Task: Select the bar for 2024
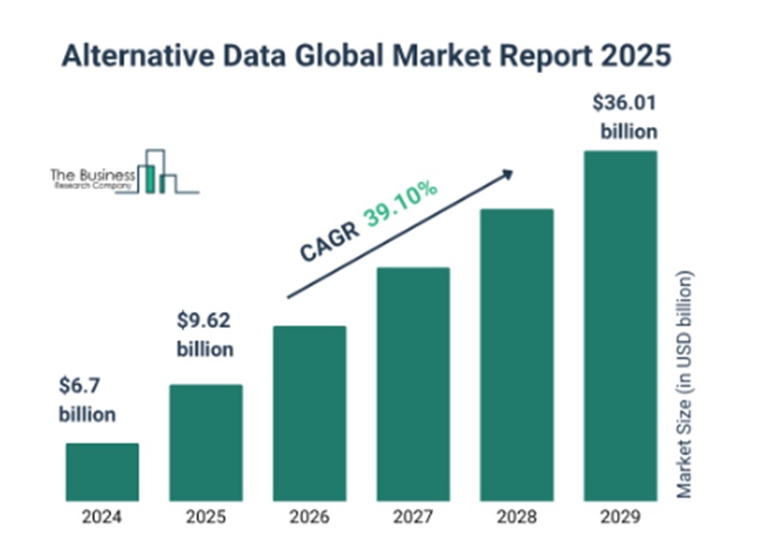[102, 471]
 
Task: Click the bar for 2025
[206, 442]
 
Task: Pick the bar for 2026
[310, 412]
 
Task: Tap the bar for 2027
[413, 383]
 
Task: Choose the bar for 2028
[516, 354]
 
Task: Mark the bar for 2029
[621, 325]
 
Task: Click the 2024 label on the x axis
[102, 518]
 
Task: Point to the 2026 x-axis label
[310, 518]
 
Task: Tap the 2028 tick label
[516, 518]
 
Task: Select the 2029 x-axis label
[621, 518]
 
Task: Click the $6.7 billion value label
[88, 400]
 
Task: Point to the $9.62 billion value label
[205, 335]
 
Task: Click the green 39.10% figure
[402, 203]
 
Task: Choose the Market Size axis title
[686, 383]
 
